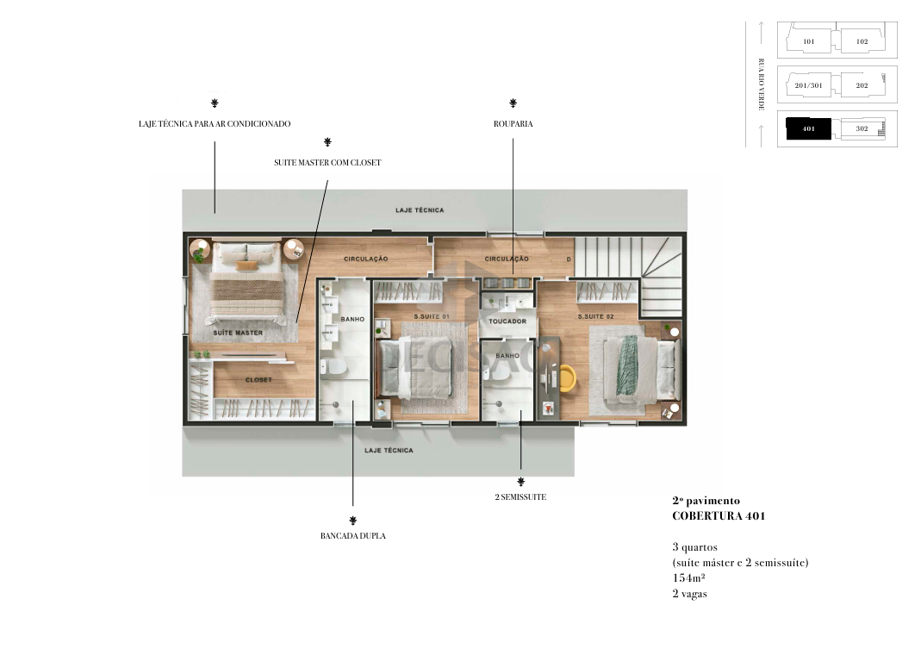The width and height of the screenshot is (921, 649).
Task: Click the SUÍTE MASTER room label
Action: click(x=238, y=333)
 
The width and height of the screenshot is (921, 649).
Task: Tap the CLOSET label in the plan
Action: click(x=258, y=380)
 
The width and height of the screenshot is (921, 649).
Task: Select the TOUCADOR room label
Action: click(x=507, y=321)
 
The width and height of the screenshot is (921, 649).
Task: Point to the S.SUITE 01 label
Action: click(x=431, y=316)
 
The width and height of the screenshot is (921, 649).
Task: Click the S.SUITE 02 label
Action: click(x=595, y=316)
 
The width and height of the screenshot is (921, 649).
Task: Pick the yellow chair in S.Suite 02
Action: click(x=567, y=378)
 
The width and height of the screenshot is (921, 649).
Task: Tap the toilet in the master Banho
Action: click(x=333, y=367)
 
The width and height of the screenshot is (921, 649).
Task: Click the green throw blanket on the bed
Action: click(x=627, y=365)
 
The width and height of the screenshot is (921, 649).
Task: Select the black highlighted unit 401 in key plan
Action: click(x=809, y=128)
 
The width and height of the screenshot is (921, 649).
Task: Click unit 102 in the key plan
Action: click(x=862, y=41)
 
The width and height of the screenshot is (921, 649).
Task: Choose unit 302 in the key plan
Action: click(x=862, y=128)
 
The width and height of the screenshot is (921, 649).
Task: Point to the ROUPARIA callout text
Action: click(x=513, y=123)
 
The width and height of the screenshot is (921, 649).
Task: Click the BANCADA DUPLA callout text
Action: click(x=353, y=535)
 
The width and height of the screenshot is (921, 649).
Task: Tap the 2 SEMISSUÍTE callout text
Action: click(x=520, y=496)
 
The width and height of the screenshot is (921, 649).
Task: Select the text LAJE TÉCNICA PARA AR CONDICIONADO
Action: click(x=215, y=123)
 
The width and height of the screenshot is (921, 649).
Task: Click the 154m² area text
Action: click(x=688, y=577)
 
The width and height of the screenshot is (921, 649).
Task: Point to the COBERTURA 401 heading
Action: click(x=719, y=516)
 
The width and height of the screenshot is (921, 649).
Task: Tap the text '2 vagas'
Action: click(x=689, y=594)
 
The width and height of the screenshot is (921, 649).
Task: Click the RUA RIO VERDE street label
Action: click(x=762, y=84)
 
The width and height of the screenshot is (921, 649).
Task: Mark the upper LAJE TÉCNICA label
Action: click(x=420, y=209)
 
